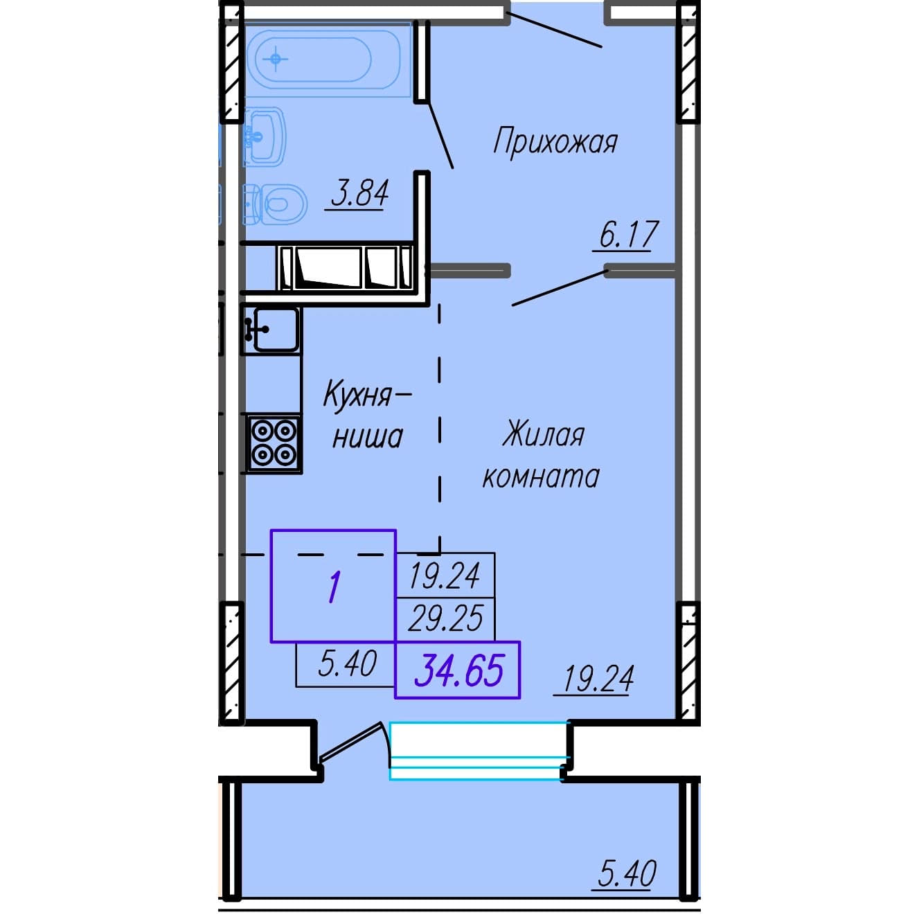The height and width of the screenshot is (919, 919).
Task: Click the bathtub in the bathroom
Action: coord(328,60)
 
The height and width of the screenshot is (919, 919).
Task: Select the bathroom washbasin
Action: coord(265,136)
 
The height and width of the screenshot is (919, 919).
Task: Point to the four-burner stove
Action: coord(274,443)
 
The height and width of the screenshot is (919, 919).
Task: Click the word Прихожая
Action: coord(555,142)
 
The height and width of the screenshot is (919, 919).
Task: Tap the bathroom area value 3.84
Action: coord(360,194)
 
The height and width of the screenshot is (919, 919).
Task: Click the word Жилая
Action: coord(544,434)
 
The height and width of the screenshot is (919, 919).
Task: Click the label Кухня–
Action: coord(367,394)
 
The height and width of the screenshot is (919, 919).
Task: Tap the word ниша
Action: coord(368,437)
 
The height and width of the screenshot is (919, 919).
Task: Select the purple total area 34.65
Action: coord(458,670)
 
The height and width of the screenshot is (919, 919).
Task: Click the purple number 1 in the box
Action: coord(334,587)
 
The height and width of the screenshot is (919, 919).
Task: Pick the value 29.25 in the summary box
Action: coord(445,618)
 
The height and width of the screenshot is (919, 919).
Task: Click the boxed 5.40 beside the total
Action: coord(347,664)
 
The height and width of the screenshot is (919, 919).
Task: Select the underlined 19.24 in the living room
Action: coord(598,679)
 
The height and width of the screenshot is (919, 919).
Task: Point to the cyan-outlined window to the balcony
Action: coord(480,751)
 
